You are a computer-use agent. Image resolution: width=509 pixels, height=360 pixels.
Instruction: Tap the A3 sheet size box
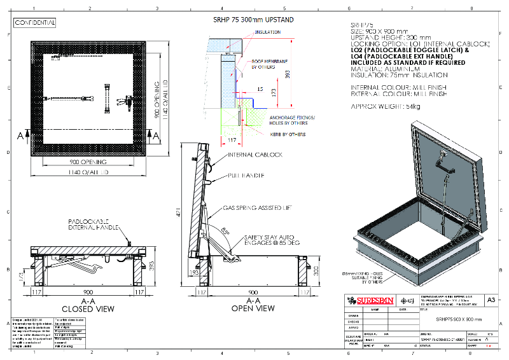[491, 299]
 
